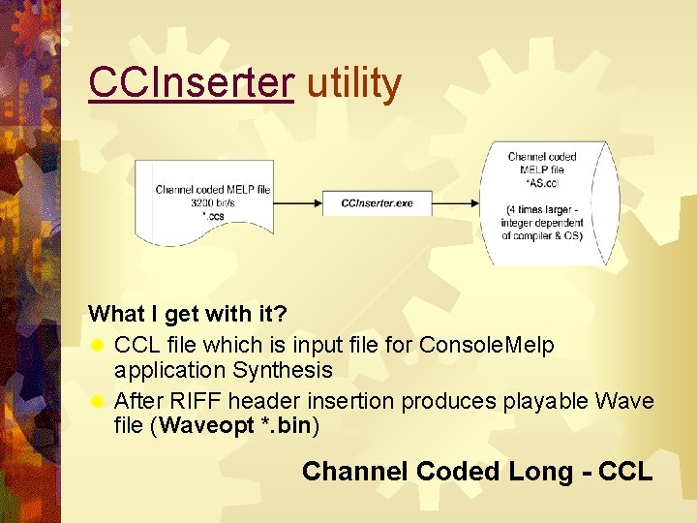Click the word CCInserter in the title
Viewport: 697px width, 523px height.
click(191, 84)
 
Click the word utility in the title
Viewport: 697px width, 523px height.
click(353, 84)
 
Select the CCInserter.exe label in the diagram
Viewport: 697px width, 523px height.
click(377, 203)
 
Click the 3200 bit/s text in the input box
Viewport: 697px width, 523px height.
click(212, 203)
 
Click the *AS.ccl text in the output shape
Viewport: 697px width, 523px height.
click(542, 183)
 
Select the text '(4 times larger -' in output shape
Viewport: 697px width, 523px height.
click(542, 209)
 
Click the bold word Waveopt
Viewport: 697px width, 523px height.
click(205, 426)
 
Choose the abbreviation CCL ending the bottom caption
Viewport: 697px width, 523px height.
click(625, 472)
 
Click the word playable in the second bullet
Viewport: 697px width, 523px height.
click(543, 401)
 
